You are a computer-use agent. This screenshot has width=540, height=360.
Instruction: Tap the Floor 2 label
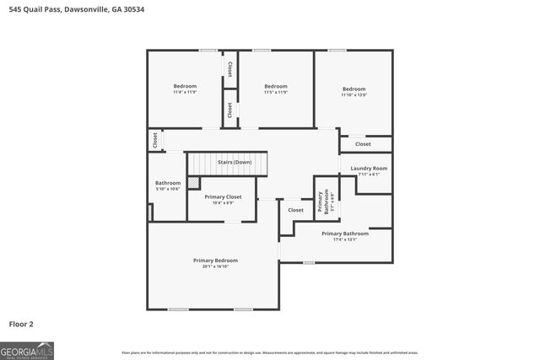click(21, 324)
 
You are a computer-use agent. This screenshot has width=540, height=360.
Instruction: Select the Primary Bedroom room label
click(215, 261)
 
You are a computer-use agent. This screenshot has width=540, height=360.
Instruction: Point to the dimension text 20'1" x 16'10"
click(215, 266)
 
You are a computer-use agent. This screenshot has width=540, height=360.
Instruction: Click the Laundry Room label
click(369, 169)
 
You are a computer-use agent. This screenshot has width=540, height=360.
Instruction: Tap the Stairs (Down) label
click(235, 162)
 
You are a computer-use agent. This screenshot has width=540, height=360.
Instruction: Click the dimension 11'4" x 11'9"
click(185, 92)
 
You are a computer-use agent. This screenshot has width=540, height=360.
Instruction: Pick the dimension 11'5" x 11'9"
click(275, 92)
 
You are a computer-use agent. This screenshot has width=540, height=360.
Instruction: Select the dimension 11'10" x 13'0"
click(354, 95)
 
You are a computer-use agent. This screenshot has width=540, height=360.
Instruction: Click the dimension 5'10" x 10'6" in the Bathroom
click(168, 189)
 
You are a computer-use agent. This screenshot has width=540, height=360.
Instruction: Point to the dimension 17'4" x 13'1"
click(344, 239)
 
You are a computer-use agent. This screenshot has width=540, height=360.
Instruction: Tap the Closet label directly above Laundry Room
click(363, 144)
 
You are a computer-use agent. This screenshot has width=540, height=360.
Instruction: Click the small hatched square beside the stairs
click(193, 182)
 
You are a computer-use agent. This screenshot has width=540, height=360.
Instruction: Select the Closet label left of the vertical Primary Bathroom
click(295, 210)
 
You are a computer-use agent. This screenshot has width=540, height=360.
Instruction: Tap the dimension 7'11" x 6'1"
click(369, 175)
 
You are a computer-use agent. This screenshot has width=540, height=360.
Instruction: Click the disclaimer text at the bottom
click(269, 352)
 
